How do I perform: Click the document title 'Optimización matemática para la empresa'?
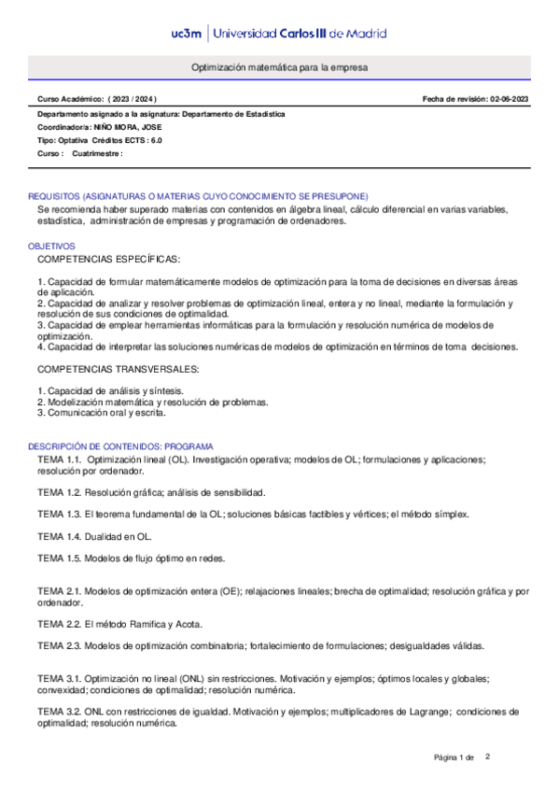click(280, 69)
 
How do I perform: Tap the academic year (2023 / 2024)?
click(133, 98)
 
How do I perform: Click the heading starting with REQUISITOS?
click(198, 196)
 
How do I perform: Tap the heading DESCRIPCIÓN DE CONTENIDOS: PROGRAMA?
click(120, 447)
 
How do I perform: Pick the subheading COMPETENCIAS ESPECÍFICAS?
click(109, 258)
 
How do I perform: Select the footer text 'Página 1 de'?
click(454, 757)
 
